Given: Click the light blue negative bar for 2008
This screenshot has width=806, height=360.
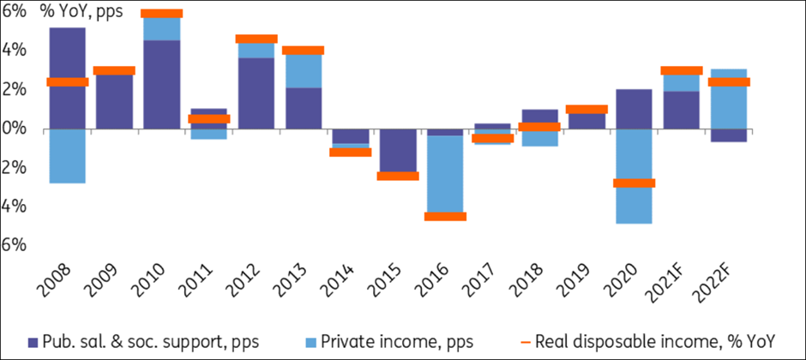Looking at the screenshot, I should tap(67, 155).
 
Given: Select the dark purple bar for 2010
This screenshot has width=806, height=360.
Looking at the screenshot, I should tap(162, 84).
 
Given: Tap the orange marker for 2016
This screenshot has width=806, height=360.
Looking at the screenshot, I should tap(445, 216).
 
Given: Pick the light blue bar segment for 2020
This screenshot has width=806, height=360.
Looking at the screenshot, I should tap(634, 204).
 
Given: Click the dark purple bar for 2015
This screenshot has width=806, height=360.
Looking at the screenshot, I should tap(398, 149).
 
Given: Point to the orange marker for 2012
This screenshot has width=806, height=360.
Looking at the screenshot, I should tap(256, 39).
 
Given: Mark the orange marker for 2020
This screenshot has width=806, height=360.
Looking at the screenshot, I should tap(634, 183).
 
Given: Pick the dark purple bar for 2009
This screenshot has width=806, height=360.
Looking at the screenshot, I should tap(114, 103).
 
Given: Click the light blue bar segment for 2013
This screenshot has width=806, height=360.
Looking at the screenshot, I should tap(304, 70).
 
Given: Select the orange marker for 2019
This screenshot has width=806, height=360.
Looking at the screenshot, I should tap(586, 110).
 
